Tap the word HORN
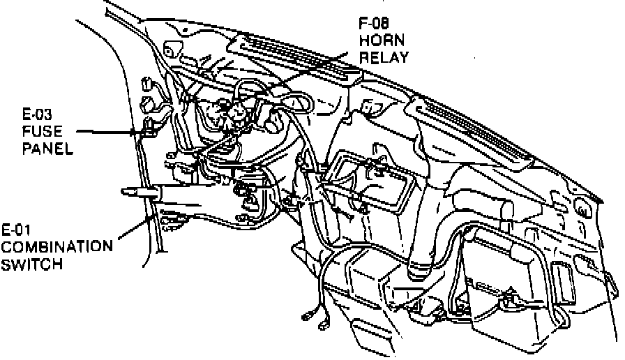pos(380,40)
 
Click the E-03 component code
pos(38,114)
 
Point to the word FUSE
pos(39,130)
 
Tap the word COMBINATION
pos(57,247)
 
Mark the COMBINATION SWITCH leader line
pos(133,230)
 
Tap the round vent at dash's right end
pos(580,207)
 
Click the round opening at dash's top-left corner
pos(169,48)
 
